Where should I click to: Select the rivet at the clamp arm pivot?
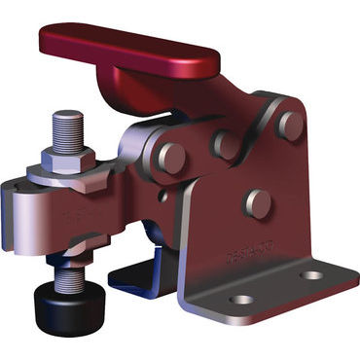pos(172,158)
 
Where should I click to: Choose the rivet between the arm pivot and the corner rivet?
pos(227,144)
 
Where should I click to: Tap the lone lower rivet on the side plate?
pos(258,201)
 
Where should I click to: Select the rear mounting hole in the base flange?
pos(311,275)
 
